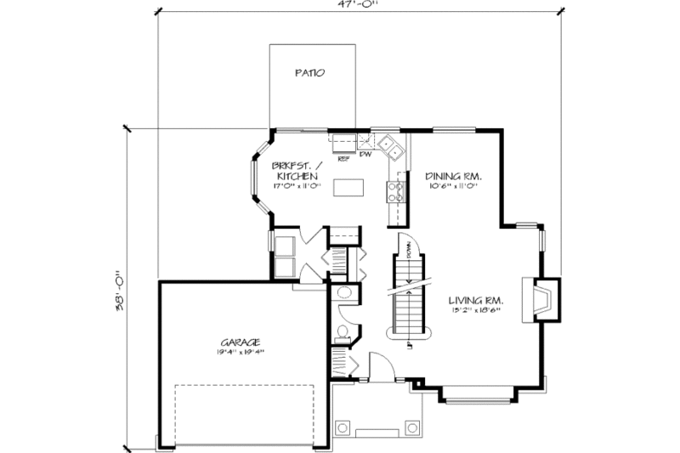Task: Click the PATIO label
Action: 309,73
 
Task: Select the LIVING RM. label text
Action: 474,300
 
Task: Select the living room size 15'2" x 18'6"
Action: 474,309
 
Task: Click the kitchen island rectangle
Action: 347,186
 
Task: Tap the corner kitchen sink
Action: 390,146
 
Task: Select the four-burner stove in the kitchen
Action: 395,190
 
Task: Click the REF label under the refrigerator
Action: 344,157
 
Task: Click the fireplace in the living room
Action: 542,298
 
